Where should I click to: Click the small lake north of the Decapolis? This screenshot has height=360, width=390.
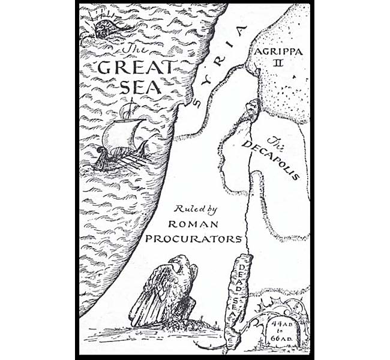click(252, 110)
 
